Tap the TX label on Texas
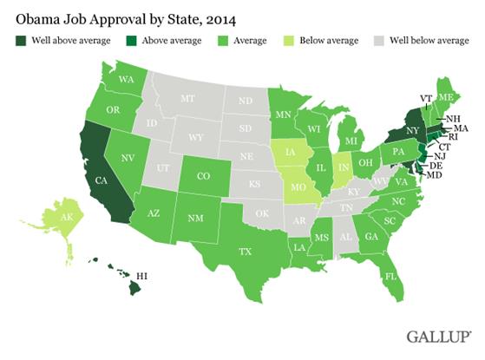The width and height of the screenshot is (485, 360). [x=246, y=253]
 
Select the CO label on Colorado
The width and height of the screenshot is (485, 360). [x=206, y=174]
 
